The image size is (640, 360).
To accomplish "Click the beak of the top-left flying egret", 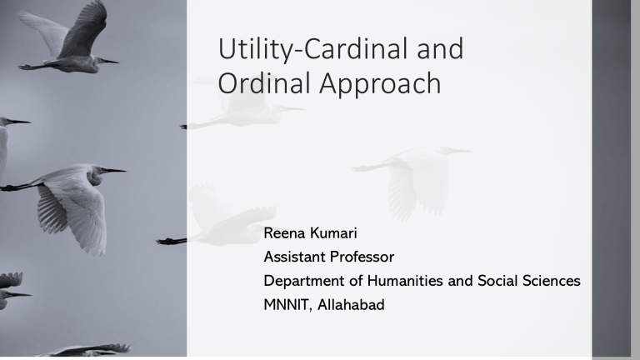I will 111,61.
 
